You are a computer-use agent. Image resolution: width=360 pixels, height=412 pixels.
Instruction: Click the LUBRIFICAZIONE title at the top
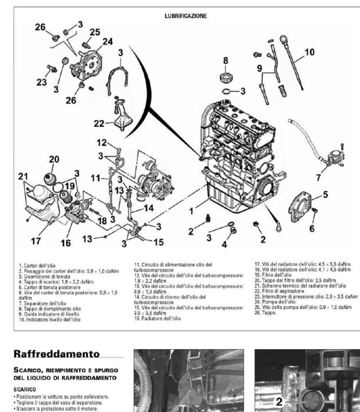(185, 16)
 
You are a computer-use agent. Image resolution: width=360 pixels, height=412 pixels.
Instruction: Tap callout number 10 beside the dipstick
(309, 52)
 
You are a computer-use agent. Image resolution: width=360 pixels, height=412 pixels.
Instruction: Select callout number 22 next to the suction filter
(100, 123)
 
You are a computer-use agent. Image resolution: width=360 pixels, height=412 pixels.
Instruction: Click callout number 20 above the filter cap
(54, 160)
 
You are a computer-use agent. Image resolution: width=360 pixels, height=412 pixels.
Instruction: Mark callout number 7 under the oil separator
(318, 178)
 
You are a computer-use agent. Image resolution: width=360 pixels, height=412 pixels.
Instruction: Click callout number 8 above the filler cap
(225, 60)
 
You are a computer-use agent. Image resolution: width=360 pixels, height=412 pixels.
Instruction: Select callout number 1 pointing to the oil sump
(191, 211)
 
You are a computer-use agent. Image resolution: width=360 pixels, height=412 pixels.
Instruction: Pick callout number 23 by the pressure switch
(42, 82)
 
